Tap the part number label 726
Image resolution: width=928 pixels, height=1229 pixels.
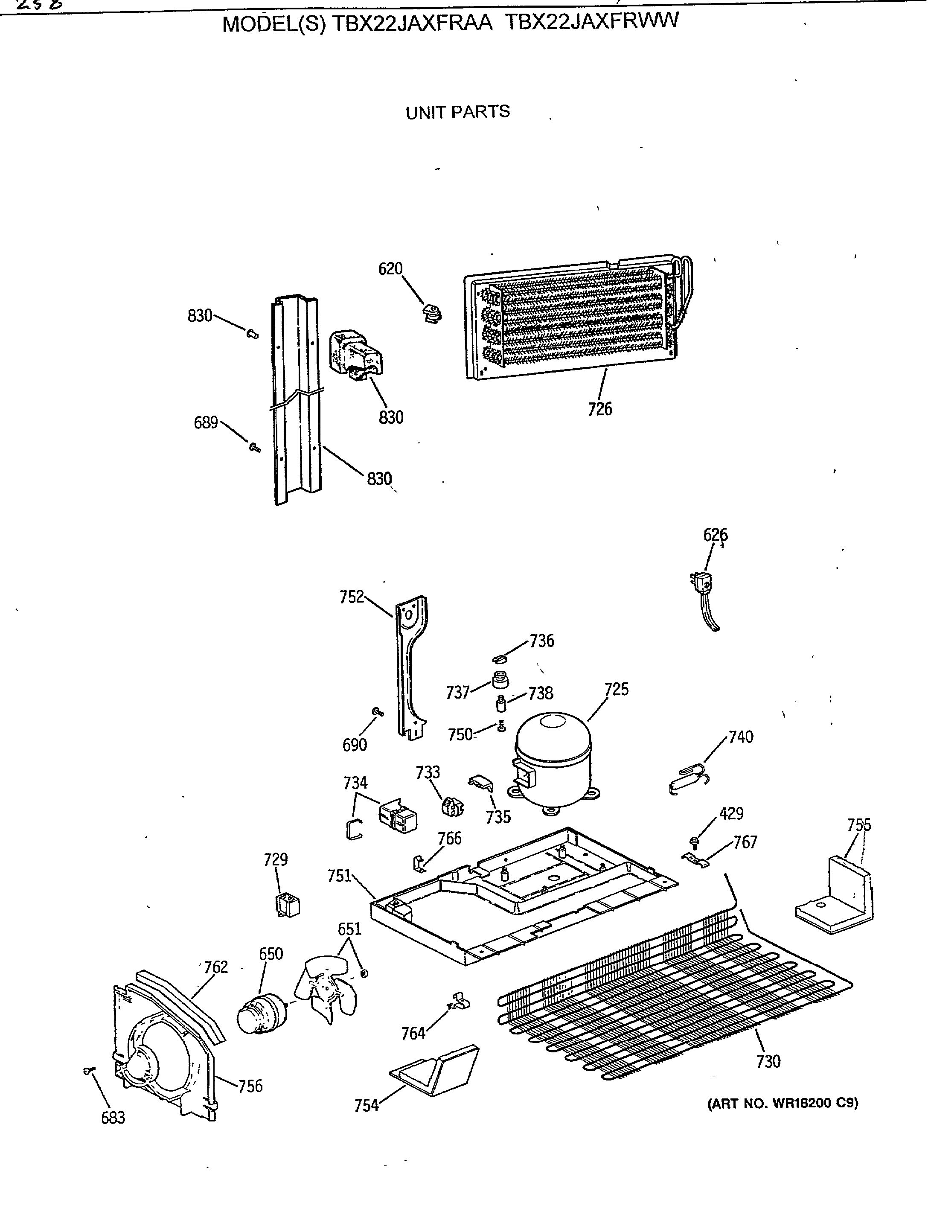(600, 410)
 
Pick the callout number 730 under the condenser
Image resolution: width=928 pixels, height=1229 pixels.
(768, 1062)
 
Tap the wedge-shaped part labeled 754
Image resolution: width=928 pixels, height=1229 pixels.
(436, 1069)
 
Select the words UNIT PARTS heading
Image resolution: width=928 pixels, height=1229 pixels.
(458, 112)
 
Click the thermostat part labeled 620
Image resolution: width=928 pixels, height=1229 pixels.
(431, 313)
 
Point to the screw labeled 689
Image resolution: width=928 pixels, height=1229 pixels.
(254, 447)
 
